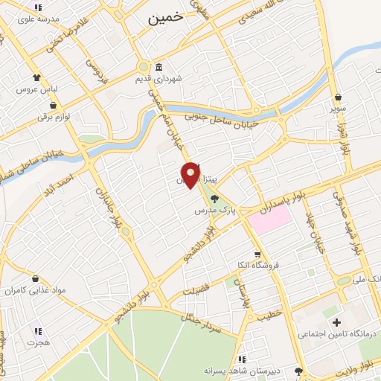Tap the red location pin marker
[x=191, y=175]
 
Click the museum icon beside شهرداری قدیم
[x=159, y=67]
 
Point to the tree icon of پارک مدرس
[x=215, y=199]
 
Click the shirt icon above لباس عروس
[x=36, y=77]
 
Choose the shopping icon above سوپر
[x=339, y=97]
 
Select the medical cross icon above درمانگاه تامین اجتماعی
[x=336, y=322]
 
